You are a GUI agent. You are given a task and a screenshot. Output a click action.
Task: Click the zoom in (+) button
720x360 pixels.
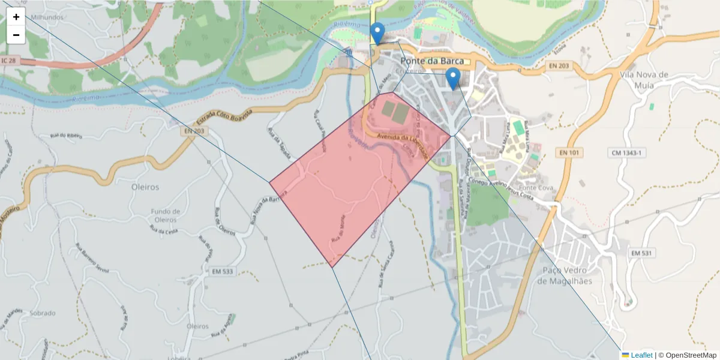click(x=16, y=17)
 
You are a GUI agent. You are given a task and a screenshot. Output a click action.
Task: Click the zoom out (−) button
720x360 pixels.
click(x=16, y=35)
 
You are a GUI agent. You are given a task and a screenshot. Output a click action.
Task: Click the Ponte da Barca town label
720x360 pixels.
click(x=435, y=61)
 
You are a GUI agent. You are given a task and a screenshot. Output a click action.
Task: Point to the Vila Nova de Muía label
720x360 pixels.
click(x=644, y=79)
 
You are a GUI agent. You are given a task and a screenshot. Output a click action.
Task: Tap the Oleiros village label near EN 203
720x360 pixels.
click(x=145, y=187)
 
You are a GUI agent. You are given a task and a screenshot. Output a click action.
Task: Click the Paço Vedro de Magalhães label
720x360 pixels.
click(x=567, y=276)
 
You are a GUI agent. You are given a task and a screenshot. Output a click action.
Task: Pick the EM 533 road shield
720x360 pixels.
click(x=223, y=272)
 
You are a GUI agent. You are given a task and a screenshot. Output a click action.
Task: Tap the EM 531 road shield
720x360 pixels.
click(x=641, y=254)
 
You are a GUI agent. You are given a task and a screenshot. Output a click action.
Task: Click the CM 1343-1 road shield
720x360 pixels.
click(x=627, y=153)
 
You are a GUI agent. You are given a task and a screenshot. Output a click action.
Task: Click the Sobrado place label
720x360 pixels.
click(x=42, y=313)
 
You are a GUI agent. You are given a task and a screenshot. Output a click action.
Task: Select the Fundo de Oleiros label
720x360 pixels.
click(x=166, y=215)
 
